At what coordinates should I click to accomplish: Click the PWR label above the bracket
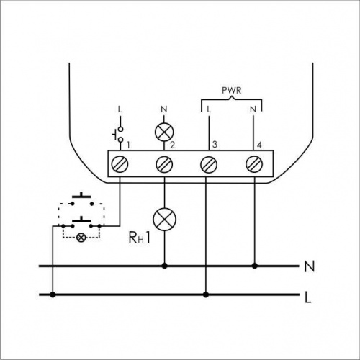point(231,91)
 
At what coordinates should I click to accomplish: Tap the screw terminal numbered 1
point(120,164)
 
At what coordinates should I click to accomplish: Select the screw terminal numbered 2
point(164,164)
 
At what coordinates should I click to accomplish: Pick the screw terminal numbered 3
point(209,164)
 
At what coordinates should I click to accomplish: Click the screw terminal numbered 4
point(254,164)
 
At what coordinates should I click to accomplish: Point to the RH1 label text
point(140,238)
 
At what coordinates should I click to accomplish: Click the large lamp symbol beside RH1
point(164,219)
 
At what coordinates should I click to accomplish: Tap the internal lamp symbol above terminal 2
point(164,132)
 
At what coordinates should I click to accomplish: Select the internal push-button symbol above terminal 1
point(118,135)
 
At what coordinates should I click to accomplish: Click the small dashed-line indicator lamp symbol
point(81,238)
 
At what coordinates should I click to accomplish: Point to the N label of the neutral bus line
point(310,266)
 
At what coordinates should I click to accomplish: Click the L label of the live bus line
point(308,297)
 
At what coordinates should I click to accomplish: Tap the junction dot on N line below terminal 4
point(255,266)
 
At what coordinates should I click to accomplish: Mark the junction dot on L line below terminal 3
point(206,294)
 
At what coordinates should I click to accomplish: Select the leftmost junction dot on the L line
point(53,294)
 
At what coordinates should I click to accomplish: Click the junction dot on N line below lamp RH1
point(164,266)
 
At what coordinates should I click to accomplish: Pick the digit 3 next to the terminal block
point(215,145)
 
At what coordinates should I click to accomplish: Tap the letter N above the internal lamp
point(164,109)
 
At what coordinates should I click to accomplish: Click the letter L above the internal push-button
point(120,109)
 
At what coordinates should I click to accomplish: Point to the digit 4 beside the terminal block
point(259,145)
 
